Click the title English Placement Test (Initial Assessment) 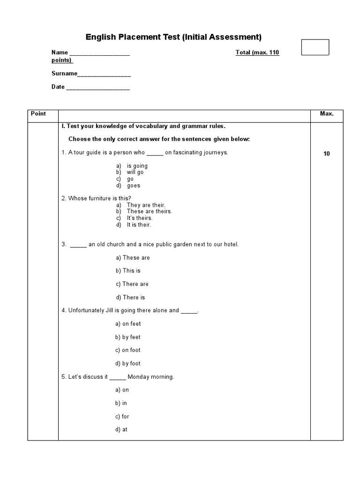[x=173, y=37]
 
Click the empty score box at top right [x=315, y=47]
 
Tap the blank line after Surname [x=104, y=74]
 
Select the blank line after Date [x=97, y=88]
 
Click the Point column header [x=38, y=114]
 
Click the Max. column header [x=327, y=114]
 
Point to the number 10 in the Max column [x=327, y=154]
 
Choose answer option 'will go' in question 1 [x=135, y=172]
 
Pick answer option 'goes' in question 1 [x=133, y=186]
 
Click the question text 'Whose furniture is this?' [x=96, y=198]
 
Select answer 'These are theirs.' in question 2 [x=149, y=211]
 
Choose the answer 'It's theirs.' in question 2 [x=139, y=218]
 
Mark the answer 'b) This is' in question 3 [x=128, y=271]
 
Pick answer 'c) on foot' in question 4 [x=128, y=350]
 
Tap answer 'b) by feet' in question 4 [x=128, y=337]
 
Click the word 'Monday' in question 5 [x=138, y=377]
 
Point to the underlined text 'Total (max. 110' [x=257, y=52]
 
